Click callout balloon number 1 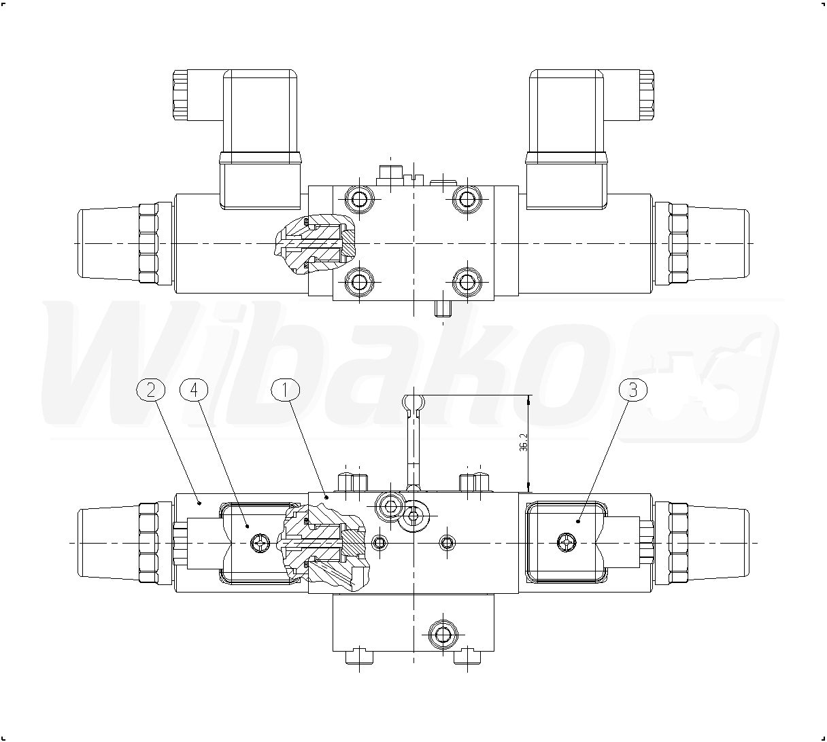tap(286, 390)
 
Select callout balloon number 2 tap(150, 390)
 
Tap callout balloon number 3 tap(633, 390)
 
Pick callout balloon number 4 tap(194, 390)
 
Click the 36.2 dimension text tap(524, 442)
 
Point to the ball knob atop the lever tap(413, 402)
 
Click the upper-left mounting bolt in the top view tap(360, 200)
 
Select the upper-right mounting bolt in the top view tap(467, 200)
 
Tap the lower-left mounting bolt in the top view tap(360, 281)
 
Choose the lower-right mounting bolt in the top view tap(467, 281)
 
